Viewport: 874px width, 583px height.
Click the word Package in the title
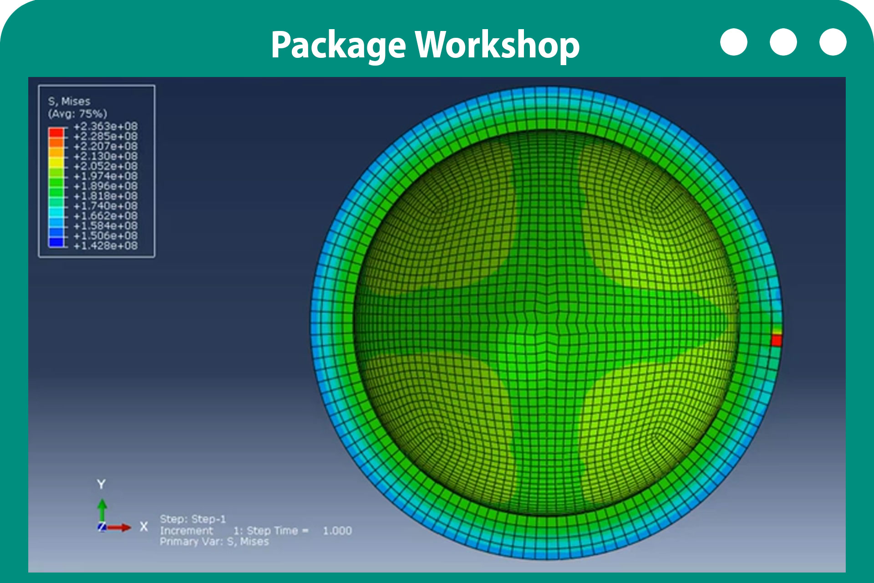point(338,46)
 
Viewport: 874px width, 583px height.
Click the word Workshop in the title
point(498,45)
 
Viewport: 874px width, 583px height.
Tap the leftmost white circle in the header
point(734,42)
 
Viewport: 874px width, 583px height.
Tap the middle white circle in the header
point(783,42)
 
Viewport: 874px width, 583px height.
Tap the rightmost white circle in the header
point(833,42)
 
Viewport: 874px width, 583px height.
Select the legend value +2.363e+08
point(106,126)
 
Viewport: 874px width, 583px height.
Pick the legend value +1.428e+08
point(106,246)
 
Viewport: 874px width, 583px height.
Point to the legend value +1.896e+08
point(106,186)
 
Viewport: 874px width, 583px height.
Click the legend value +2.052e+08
point(106,166)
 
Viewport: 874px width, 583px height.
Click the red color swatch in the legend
point(56,133)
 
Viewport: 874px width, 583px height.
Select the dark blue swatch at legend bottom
point(56,242)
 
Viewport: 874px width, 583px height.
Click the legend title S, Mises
point(69,102)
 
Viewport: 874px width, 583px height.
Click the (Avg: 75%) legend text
point(77,114)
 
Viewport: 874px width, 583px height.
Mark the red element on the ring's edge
point(777,340)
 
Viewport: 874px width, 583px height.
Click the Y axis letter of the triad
point(101,484)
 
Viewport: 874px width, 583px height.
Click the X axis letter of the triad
point(144,527)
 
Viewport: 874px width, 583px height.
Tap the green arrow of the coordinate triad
point(102,511)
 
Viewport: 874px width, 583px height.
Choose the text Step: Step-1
point(193,519)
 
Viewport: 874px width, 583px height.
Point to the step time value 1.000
point(337,531)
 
